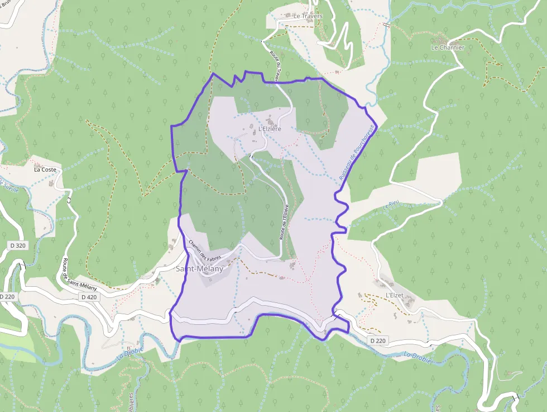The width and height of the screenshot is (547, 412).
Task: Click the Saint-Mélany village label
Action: [x=199, y=269]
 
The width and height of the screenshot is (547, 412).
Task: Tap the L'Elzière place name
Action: [x=270, y=129]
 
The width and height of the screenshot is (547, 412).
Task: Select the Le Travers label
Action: [x=308, y=16]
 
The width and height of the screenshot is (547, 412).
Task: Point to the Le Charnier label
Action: [x=448, y=48]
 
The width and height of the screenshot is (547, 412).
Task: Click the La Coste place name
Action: [x=45, y=169]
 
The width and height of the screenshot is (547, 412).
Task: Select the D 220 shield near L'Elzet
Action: [x=377, y=340]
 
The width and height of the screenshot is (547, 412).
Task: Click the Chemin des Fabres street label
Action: [x=205, y=250]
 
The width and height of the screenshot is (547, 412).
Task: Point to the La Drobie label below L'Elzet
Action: [x=418, y=357]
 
